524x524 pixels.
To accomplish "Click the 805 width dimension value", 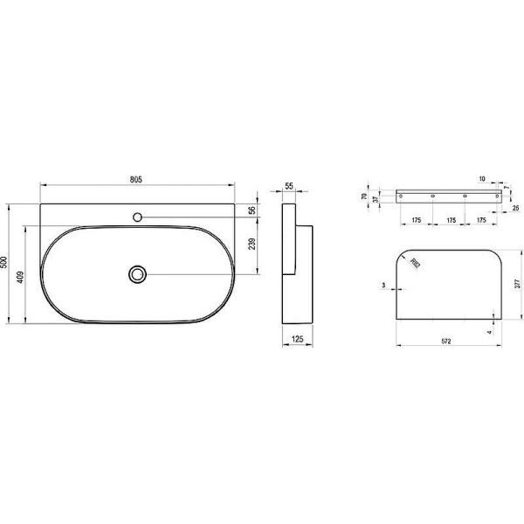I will (x=136, y=179).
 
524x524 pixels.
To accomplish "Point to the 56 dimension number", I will (x=252, y=210).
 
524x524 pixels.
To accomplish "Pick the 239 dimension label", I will (x=252, y=245).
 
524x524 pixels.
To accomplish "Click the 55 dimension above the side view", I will (x=290, y=188).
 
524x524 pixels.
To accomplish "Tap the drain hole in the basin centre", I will (x=137, y=273).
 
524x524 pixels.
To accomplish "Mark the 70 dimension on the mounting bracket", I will (x=365, y=196).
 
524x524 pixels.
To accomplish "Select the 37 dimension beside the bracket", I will (x=376, y=200).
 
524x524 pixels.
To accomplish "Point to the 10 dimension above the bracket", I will (x=481, y=179).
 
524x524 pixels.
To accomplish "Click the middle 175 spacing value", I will (x=451, y=221).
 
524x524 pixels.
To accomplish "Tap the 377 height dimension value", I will (x=517, y=283).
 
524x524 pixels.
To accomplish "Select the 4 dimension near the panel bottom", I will (x=490, y=332).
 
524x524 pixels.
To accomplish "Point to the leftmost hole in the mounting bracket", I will (x=403, y=196).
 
